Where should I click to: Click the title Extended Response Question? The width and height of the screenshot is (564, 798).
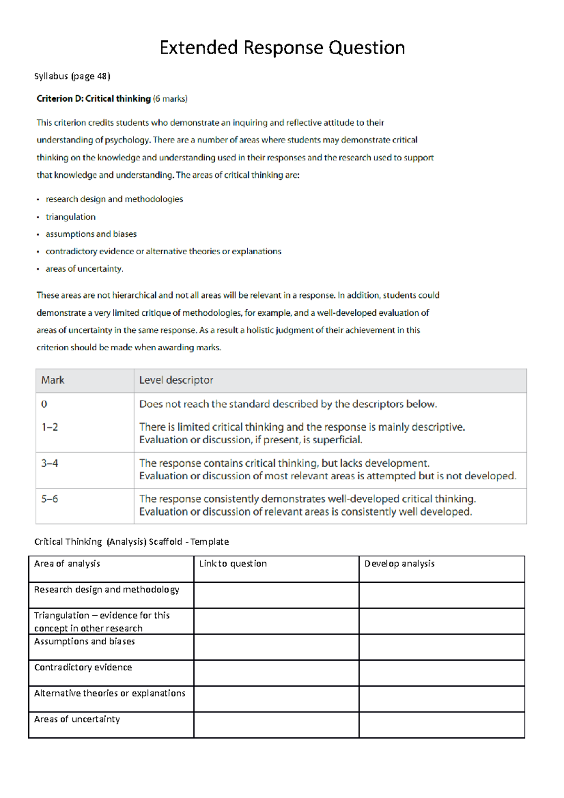(x=282, y=48)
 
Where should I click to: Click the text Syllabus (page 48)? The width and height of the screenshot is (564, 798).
(x=72, y=76)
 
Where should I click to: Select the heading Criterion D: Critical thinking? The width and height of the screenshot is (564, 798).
(x=94, y=99)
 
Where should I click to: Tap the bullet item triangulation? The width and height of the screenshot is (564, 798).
(x=70, y=217)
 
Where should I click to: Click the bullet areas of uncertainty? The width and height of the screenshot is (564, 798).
(x=84, y=269)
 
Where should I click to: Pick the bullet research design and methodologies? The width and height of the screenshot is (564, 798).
(x=114, y=199)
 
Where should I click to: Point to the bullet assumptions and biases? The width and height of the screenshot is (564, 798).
(x=91, y=234)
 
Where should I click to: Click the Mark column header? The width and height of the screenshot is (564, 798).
(x=53, y=380)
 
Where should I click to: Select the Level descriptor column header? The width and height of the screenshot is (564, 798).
(x=176, y=380)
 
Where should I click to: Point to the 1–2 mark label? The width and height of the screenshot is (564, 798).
(x=50, y=427)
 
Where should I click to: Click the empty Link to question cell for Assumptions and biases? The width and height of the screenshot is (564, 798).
(x=276, y=647)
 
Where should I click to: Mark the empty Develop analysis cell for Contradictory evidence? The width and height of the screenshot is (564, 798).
(x=441, y=673)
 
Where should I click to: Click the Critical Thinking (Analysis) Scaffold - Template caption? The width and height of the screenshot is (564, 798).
(x=132, y=542)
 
